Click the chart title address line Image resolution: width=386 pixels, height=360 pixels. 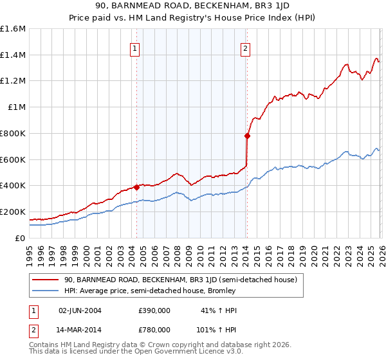(193, 6)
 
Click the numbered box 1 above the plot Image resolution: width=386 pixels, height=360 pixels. (135, 48)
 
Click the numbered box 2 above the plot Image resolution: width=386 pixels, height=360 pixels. (246, 48)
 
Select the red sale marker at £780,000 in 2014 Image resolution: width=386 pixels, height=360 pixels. (247, 136)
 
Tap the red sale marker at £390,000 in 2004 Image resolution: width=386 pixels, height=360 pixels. (136, 187)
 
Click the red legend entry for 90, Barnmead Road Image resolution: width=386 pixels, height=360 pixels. (180, 280)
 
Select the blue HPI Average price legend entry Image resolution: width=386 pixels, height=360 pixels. (150, 291)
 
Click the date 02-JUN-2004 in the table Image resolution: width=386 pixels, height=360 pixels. (80, 310)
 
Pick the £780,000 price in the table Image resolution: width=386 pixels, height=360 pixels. (154, 329)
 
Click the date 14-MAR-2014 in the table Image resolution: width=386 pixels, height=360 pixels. (80, 329)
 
